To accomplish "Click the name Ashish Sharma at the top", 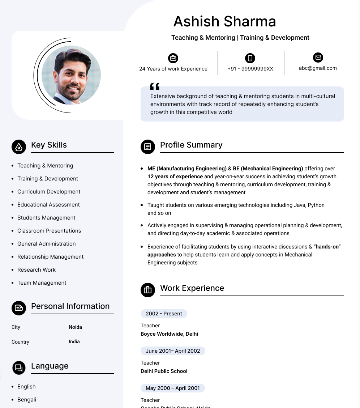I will click(224, 22).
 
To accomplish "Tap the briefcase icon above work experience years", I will click(173, 58).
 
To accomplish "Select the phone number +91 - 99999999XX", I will click(250, 69).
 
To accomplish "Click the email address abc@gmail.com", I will click(318, 68).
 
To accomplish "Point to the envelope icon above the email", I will click(318, 58).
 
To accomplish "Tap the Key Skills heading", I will click(49, 145).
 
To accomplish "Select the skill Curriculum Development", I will click(49, 192).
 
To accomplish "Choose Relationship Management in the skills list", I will click(50, 257).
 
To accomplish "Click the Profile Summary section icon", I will click(147, 146).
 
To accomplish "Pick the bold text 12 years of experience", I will click(175, 177).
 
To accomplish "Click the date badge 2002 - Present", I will click(164, 314).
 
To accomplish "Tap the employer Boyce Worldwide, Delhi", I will click(169, 334).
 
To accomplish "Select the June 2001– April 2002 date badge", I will click(173, 351).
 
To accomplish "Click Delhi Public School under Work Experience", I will click(164, 371).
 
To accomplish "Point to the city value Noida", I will click(75, 327).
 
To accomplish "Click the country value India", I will click(74, 341).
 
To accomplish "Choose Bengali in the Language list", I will click(27, 400).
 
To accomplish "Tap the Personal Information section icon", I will click(19, 308).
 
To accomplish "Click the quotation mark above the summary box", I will click(155, 86).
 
